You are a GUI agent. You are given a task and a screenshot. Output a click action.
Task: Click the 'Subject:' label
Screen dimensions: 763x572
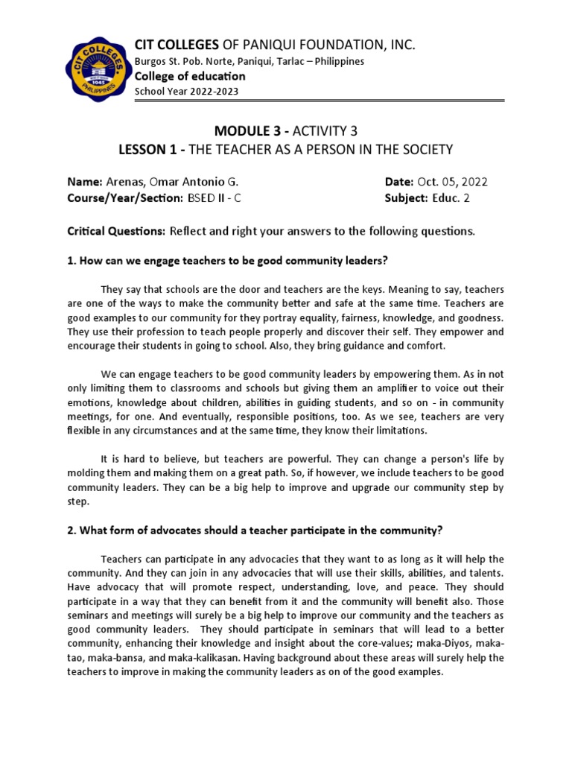point(405,197)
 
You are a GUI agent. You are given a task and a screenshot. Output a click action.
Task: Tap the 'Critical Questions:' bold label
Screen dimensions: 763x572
point(116,231)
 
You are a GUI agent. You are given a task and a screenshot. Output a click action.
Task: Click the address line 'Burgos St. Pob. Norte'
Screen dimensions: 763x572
point(249,61)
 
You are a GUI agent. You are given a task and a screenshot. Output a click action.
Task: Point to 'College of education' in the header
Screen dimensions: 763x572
point(189,76)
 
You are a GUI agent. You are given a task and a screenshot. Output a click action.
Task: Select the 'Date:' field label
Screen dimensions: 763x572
point(398,182)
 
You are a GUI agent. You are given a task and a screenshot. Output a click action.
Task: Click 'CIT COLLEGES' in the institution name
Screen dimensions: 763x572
point(176,45)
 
